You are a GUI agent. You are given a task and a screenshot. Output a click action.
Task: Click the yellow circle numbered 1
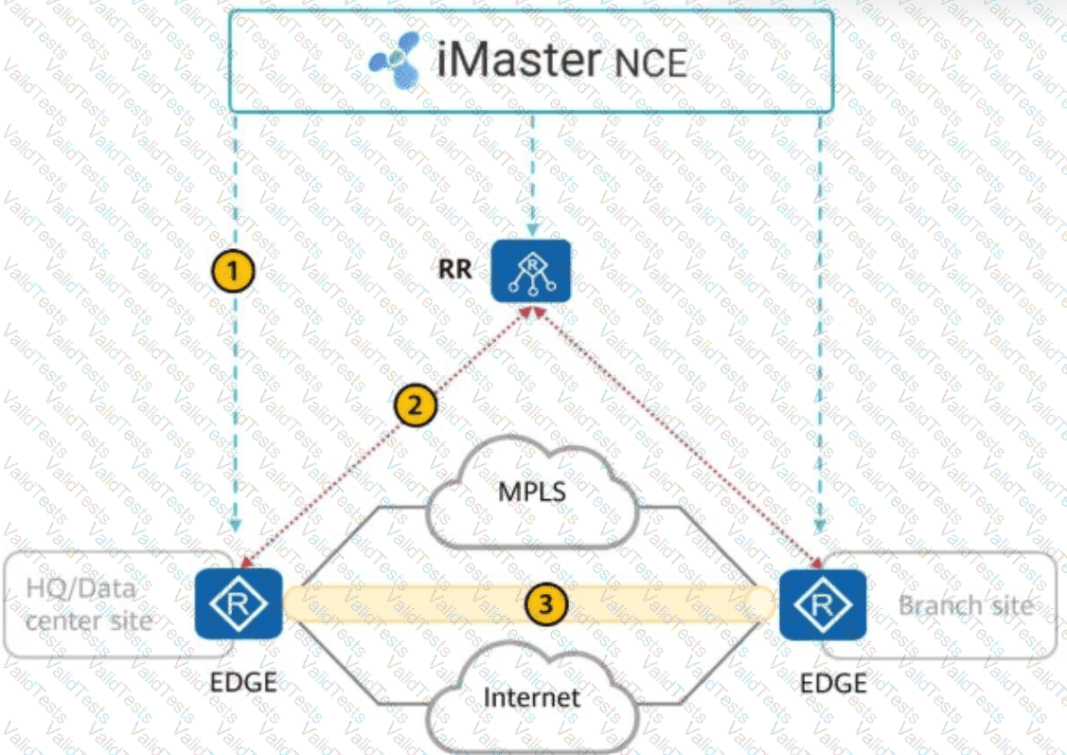point(233,272)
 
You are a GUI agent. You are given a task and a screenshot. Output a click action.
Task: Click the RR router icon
point(531,271)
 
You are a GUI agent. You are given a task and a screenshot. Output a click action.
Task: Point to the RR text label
point(455,269)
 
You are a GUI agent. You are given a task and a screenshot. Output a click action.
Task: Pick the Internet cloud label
point(531,698)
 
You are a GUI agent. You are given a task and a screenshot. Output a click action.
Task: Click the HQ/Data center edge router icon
point(239,603)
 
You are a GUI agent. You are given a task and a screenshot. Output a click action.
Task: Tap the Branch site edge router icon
point(822,604)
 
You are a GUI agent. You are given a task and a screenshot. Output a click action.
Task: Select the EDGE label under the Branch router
point(833,682)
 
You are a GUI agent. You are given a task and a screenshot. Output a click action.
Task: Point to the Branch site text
point(965,604)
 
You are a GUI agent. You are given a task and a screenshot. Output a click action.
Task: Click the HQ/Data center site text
point(88,604)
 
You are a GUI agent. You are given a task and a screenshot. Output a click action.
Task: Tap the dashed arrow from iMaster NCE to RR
point(532,171)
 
